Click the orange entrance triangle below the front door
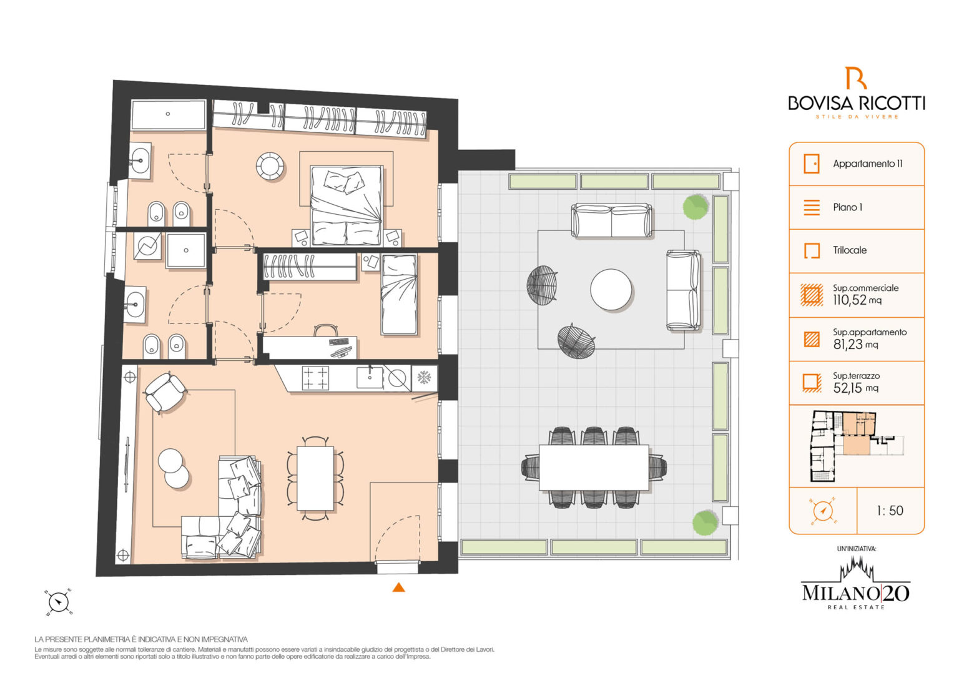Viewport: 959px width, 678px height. point(398,587)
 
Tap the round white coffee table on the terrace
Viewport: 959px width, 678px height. point(611,289)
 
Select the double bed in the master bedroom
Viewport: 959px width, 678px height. point(347,205)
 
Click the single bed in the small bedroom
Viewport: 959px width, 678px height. point(399,294)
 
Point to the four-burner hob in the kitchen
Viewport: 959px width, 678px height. point(315,378)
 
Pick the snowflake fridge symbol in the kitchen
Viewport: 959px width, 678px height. point(425,378)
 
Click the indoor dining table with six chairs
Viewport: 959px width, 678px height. point(315,478)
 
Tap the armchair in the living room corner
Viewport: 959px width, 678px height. point(165,393)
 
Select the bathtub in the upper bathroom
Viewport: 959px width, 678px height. point(168,114)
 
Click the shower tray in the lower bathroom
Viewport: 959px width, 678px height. point(186,250)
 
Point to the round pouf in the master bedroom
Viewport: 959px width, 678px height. point(270,165)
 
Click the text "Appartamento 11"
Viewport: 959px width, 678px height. point(867,164)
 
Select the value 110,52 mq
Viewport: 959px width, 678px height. point(857,300)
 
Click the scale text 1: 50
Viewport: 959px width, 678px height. point(890,511)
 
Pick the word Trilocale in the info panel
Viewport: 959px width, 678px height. point(850,250)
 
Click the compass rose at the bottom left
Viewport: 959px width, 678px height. point(59,602)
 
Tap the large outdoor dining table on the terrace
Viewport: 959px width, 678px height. point(594,468)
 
